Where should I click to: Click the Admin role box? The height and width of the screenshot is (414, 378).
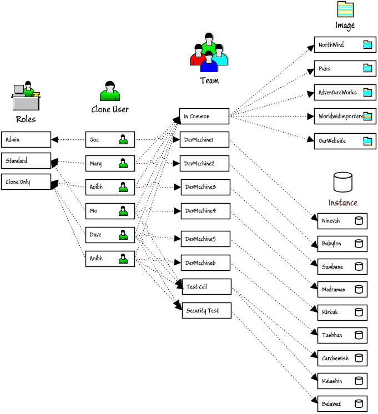tap(26, 140)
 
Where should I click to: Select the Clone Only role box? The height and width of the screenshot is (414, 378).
tap(26, 182)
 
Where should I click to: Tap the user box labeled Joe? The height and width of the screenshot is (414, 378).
tap(110, 140)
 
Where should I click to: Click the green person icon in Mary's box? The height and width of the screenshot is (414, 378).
tap(123, 164)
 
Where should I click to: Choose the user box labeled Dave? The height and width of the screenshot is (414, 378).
tap(110, 235)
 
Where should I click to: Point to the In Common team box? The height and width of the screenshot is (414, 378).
tap(204, 117)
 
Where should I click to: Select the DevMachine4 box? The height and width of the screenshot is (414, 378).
tap(205, 211)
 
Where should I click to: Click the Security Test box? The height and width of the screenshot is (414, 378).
tap(206, 311)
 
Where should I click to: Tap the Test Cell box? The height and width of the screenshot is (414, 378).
tap(206, 287)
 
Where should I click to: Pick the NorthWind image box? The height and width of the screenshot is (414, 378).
tap(345, 45)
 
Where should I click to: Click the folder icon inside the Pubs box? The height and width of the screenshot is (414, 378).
tap(367, 69)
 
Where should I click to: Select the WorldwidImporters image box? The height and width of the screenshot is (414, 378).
tap(345, 117)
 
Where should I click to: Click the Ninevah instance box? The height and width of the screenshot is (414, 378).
tap(342, 221)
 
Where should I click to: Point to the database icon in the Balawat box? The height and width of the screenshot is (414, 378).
tap(359, 404)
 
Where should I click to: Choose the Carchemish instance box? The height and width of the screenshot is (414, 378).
tap(342, 359)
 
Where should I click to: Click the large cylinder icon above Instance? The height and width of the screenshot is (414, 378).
tap(342, 182)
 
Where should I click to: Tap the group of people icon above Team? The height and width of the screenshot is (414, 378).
tap(209, 53)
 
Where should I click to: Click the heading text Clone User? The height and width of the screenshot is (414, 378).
tap(110, 109)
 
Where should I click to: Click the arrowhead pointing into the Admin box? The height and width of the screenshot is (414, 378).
tap(55, 140)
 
